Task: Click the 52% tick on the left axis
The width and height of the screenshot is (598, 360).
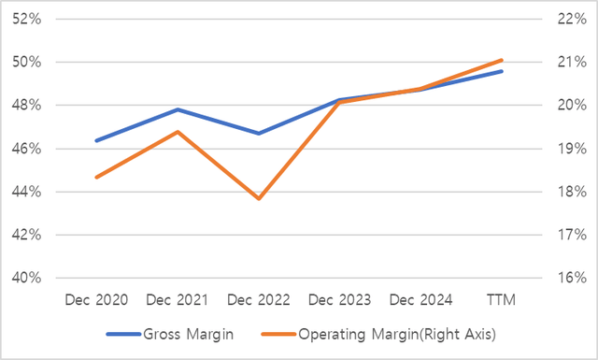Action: pos(26,20)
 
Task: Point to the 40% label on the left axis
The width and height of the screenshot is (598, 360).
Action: pos(26,278)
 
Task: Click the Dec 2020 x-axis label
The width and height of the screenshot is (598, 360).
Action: pos(96,299)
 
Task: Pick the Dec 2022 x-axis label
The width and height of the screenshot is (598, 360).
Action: pos(259,299)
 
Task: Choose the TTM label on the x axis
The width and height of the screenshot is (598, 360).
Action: pos(503,299)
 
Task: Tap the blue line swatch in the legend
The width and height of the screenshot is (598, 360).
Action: pos(123,333)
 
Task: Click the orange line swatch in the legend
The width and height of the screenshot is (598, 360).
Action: pos(277,333)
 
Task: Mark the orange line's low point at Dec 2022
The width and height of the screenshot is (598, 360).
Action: pos(259,198)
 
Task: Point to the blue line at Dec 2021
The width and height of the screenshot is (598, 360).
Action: pos(178,109)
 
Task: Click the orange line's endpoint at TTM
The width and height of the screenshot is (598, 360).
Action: pos(503,60)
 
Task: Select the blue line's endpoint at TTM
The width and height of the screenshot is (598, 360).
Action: pos(503,71)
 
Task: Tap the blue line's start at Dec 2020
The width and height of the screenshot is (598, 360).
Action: pos(96,140)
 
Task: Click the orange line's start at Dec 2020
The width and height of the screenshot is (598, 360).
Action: pos(96,177)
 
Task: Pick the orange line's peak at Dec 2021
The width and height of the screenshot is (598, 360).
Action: pos(178,132)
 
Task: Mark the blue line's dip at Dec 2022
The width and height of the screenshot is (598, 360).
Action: pos(259,133)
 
